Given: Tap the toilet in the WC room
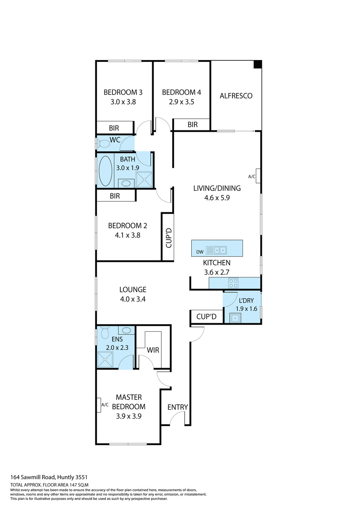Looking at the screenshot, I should pos(104,144).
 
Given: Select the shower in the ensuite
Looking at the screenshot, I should pos(105,359).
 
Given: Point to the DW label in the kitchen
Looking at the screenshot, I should pos(200,252).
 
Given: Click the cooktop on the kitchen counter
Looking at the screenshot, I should pos(233,283).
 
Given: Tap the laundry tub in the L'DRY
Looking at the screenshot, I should pos(234,318).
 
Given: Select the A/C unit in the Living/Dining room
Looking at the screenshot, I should pos(258,176).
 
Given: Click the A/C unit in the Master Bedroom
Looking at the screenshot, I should pos(99,405).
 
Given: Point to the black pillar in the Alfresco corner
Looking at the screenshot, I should pos(258,65).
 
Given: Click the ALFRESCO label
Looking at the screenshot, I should pos(236,96).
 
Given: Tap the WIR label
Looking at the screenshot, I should pos(153,350).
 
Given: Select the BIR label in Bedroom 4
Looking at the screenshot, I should pos(192,125).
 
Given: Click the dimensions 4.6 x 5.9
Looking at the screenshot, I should pos(217,198).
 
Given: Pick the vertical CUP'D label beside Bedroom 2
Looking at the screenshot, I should pos(168,237).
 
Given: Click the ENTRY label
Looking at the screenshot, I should pos(178,407).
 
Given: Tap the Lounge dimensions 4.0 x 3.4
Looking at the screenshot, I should pos(133,299).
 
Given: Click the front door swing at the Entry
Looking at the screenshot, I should pos(178,418).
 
